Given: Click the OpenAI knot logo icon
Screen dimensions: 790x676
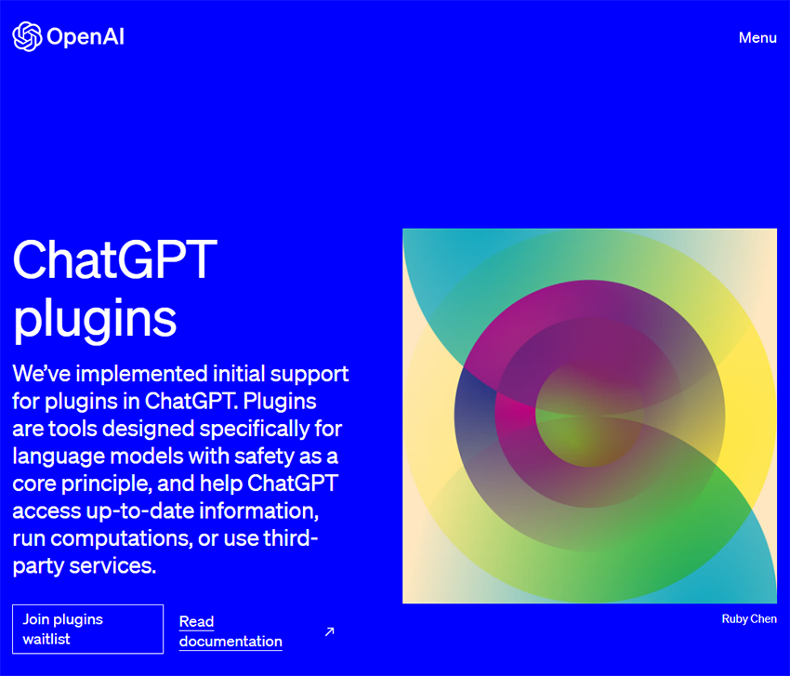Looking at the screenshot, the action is coord(27,36).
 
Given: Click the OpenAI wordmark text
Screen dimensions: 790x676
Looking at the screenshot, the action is coord(86,37).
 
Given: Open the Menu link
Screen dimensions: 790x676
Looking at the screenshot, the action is coord(757,38).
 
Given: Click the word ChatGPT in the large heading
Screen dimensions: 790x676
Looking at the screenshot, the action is coord(115,259).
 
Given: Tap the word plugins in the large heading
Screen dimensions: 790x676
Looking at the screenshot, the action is coord(95,319).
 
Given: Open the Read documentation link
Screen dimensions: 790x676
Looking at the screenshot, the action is coord(230,631).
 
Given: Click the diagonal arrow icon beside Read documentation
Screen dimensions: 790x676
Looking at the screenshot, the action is coord(330,631).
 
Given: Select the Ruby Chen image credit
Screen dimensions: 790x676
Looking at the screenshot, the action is coord(749,619).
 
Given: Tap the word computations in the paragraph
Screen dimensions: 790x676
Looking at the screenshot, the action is coord(121,539).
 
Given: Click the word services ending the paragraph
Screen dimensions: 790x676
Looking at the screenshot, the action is coord(112,566).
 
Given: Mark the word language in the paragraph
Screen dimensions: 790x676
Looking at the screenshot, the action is coord(59,457).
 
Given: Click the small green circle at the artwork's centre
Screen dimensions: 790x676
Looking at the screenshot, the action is coord(589,414).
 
